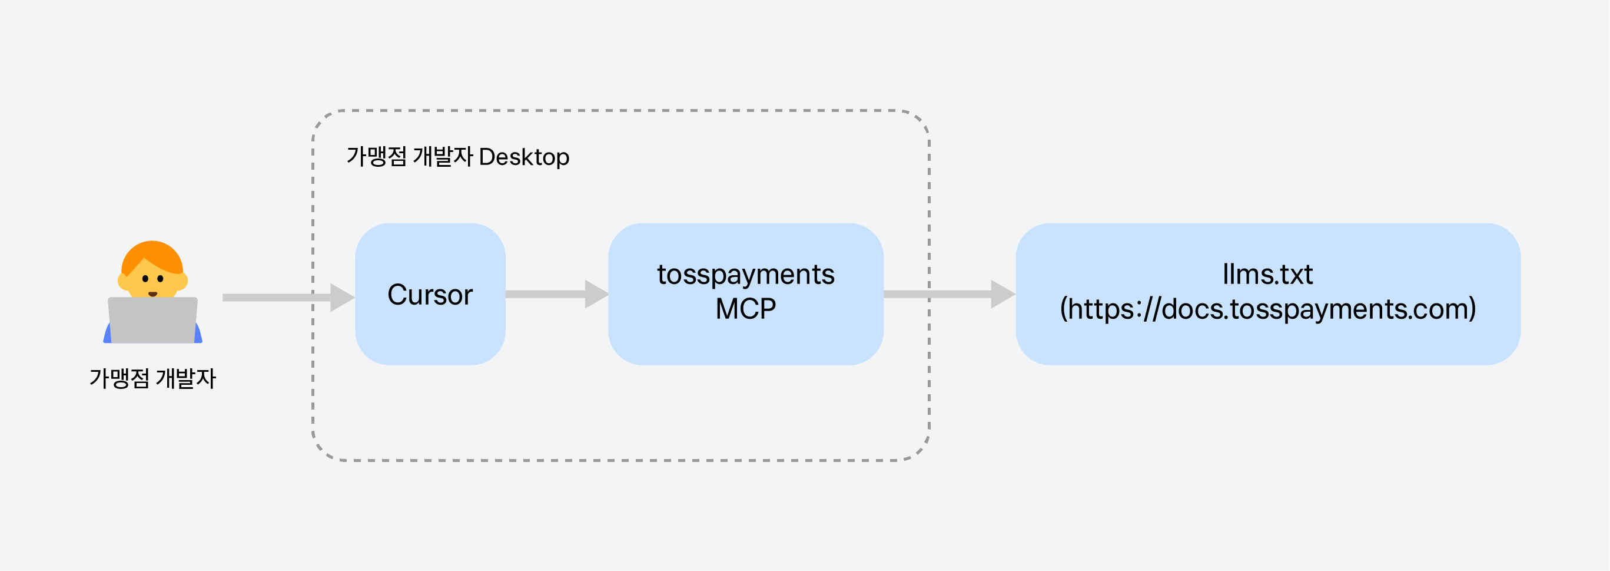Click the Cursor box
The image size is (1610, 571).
pyautogui.click(x=430, y=294)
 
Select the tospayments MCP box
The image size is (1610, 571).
pyautogui.click(x=746, y=294)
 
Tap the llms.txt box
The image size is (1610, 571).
pyautogui.click(x=1268, y=294)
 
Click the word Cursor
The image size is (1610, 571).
pyautogui.click(x=430, y=295)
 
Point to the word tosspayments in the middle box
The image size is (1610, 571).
pyautogui.click(x=746, y=275)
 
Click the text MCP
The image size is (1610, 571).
pyautogui.click(x=746, y=309)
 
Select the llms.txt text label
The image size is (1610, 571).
pyautogui.click(x=1267, y=274)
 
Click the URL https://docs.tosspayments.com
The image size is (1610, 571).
pyautogui.click(x=1268, y=309)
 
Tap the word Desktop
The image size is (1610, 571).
pyautogui.click(x=524, y=157)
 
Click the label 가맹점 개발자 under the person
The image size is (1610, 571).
pyautogui.click(x=152, y=378)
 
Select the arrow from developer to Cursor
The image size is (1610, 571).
pyautogui.click(x=289, y=298)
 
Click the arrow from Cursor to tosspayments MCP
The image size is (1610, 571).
pyautogui.click(x=557, y=294)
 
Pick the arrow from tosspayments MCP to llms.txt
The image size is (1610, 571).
pyautogui.click(x=950, y=294)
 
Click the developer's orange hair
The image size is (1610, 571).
pyautogui.click(x=152, y=256)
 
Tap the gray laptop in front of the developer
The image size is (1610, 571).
pyautogui.click(x=152, y=320)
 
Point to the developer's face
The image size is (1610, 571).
pyautogui.click(x=152, y=281)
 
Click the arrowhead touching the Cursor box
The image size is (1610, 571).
pyautogui.click(x=343, y=298)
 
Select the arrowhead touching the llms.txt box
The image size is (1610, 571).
pyautogui.click(x=1004, y=294)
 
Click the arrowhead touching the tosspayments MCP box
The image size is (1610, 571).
pyautogui.click(x=597, y=294)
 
